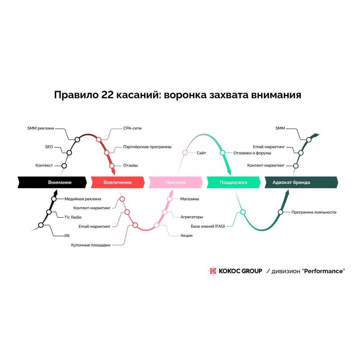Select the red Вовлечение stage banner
(x=118, y=182)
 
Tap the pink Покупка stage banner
(x=175, y=182)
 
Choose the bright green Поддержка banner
(x=233, y=182)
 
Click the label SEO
(x=49, y=147)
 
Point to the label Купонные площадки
(x=91, y=245)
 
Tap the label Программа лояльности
(x=314, y=212)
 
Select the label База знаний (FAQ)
(x=208, y=226)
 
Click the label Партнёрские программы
(x=147, y=147)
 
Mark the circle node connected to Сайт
(x=185, y=153)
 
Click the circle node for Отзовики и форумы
(x=222, y=153)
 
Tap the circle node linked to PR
(x=41, y=225)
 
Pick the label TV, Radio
(x=73, y=217)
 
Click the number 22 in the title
(x=107, y=95)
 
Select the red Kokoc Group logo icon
(x=213, y=271)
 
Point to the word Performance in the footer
(x=323, y=271)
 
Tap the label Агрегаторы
(x=192, y=217)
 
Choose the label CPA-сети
(x=132, y=128)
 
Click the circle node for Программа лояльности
(x=280, y=212)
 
